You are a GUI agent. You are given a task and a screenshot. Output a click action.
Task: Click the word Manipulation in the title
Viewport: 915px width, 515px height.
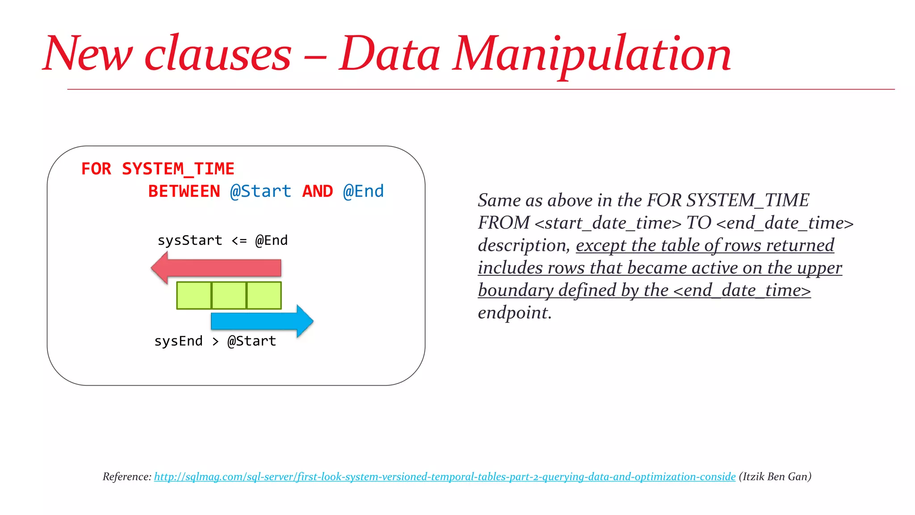pyautogui.click(x=592, y=55)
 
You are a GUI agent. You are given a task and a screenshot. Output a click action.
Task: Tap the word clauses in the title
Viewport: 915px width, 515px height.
pyautogui.click(x=218, y=55)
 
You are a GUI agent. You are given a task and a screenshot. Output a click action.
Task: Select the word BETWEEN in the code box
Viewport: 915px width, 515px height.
pyautogui.click(x=184, y=191)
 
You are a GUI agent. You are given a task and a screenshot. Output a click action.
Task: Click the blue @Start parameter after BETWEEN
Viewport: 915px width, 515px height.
pyautogui.click(x=260, y=191)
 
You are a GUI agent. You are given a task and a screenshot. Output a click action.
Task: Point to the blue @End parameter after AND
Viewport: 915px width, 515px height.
pyautogui.click(x=363, y=191)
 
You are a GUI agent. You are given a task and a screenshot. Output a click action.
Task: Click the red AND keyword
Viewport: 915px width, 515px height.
pyautogui.click(x=318, y=191)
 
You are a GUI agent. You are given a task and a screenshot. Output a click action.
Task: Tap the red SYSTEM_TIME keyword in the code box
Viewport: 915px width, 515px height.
pyautogui.click(x=178, y=169)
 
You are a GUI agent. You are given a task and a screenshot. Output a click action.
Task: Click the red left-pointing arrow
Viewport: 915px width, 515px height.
pyautogui.click(x=216, y=268)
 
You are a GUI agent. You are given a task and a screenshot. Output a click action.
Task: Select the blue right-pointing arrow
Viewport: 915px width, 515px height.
pyautogui.click(x=262, y=321)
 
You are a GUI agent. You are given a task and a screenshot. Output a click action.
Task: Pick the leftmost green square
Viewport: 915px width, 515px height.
pyautogui.click(x=194, y=295)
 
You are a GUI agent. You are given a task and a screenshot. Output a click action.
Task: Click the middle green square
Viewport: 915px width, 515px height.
pyautogui.click(x=229, y=295)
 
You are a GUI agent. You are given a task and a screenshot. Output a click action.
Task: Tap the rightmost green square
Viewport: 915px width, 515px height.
pyautogui.click(x=264, y=295)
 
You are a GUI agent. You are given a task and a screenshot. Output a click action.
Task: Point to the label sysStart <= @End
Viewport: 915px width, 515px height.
pyautogui.click(x=222, y=241)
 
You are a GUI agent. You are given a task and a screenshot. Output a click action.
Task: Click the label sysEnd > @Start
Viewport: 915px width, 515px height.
pyautogui.click(x=215, y=341)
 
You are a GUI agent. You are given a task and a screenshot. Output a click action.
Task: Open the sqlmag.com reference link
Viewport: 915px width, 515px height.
pyautogui.click(x=445, y=477)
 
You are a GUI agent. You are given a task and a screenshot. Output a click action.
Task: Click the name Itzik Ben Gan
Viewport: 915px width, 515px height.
pyautogui.click(x=775, y=477)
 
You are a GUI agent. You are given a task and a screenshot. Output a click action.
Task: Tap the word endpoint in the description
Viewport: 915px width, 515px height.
pyautogui.click(x=514, y=312)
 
